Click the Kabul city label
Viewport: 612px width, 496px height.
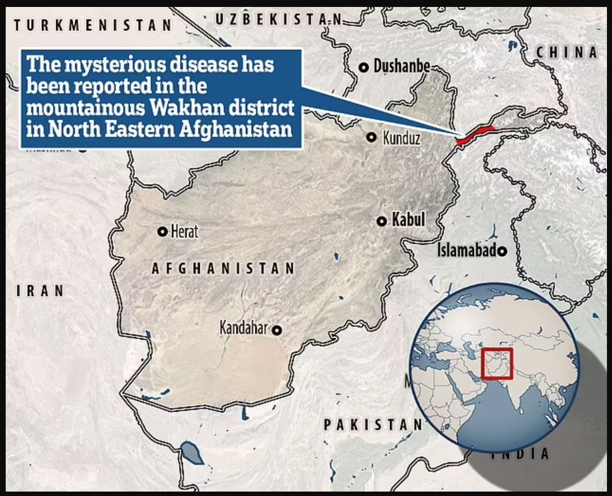408,220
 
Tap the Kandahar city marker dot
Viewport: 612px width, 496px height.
277,329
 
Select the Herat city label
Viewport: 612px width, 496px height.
184,232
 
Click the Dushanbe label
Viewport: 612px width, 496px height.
402,66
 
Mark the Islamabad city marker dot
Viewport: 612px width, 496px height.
503,252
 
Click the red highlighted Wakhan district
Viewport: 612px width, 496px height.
474,133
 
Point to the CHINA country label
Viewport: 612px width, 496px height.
566,53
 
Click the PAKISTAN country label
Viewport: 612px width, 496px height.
372,425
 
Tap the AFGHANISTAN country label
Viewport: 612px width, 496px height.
223,268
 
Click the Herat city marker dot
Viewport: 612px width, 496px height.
162,232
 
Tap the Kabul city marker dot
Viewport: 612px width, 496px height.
382,221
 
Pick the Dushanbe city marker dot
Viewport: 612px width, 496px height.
364,67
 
